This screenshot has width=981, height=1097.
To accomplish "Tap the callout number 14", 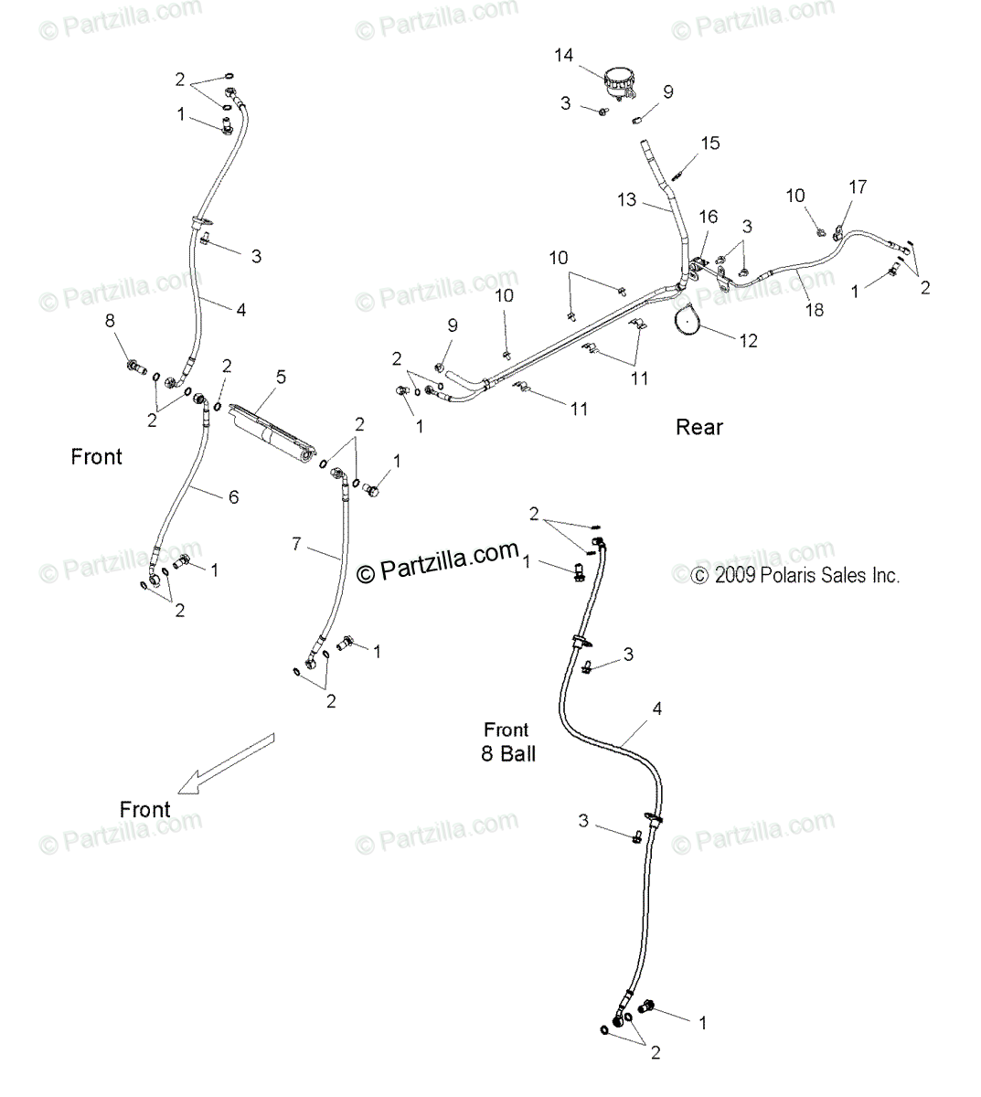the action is click(564, 56).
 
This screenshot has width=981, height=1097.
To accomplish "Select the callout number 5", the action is click(281, 377).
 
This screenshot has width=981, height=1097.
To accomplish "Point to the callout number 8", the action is click(111, 321).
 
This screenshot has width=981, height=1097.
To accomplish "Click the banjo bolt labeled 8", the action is click(138, 367).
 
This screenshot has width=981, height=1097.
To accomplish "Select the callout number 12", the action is click(749, 341).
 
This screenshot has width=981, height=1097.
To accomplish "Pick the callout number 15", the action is click(710, 144).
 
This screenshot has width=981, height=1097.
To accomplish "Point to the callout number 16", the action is click(709, 217).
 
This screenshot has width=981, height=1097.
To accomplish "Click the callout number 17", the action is click(857, 186).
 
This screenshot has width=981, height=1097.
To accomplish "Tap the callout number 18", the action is click(814, 310).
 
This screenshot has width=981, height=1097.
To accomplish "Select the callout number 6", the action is click(233, 496).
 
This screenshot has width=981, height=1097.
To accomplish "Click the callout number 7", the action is click(295, 544).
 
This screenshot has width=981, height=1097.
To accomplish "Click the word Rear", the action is click(698, 427).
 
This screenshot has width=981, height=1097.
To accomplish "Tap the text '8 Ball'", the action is click(507, 754).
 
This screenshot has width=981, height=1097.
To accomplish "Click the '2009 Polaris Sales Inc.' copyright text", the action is click(795, 576).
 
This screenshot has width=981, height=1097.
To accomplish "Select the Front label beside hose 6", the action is click(96, 456).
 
